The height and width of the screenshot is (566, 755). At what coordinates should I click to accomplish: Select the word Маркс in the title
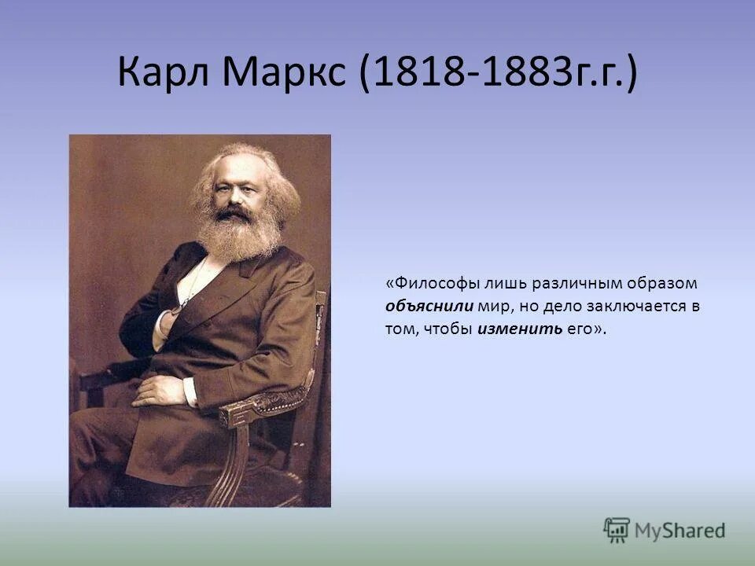point(282,74)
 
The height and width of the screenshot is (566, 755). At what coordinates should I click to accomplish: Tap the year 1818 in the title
point(414,74)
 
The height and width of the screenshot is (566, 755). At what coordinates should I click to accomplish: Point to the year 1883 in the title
point(518,74)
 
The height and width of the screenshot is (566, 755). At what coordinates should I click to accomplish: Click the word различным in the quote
point(564,283)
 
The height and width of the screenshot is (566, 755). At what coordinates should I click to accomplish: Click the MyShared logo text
point(680,531)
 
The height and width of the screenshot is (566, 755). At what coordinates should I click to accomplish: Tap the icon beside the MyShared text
point(617,531)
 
